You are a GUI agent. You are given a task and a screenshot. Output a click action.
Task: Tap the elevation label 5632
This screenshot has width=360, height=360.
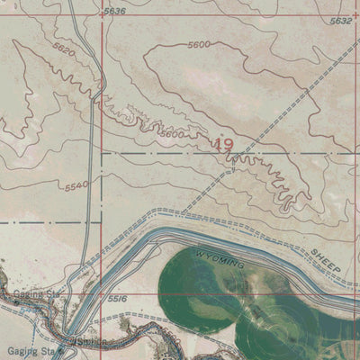(x=341, y=20)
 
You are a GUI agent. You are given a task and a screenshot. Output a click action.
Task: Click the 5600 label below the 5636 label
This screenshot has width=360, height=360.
(x=200, y=44)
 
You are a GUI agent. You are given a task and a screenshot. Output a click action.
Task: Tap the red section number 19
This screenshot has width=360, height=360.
(x=225, y=143)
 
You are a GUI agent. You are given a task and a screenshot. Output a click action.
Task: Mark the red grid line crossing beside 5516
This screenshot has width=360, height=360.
(x=102, y=295)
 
